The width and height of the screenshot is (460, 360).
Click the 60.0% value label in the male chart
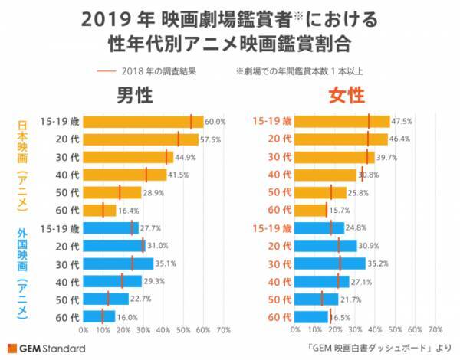pyautogui.click(x=215, y=122)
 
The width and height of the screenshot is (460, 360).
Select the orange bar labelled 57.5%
pyautogui.click(x=140, y=139)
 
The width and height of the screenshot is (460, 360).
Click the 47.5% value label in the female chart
pyautogui.click(x=402, y=122)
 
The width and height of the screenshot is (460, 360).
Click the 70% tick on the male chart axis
pyautogui.click(x=223, y=330)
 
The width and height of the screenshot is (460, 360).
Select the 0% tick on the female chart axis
pyautogui.click(x=296, y=330)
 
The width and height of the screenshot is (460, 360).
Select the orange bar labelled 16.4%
pyautogui.click(x=99, y=210)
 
